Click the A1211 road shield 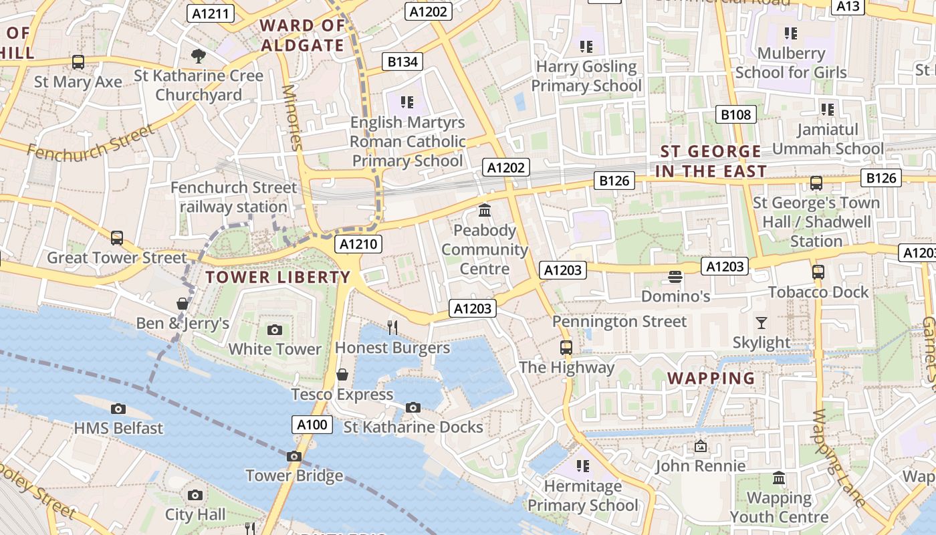pos(210,13)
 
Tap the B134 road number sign pos(402,62)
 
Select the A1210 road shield pos(359,244)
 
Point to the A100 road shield pos(312,425)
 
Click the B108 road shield pos(735,114)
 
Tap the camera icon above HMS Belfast pos(118,409)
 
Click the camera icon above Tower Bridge pos(294,456)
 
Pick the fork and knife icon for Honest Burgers pos(392,327)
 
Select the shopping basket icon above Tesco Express pos(342,374)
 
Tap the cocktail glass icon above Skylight pos(761,323)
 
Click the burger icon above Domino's pos(675,276)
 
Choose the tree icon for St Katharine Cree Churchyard pos(198,56)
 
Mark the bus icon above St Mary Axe pos(78,62)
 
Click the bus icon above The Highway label pos(566,347)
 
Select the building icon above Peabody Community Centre pos(485,211)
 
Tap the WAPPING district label pos(711,379)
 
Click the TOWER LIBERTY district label pos(277,277)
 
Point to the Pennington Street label pos(619,322)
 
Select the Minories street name pos(293,117)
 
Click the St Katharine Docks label pos(413,427)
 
